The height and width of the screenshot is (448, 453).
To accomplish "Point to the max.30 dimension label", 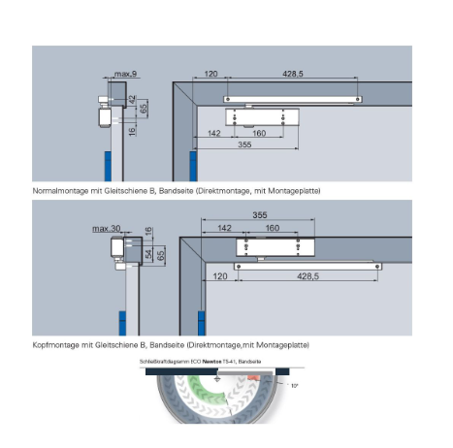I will pyautogui.click(x=107, y=229).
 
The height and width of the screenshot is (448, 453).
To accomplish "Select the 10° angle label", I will pyautogui.click(x=294, y=385).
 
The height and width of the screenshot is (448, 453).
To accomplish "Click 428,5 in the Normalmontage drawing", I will pyautogui.click(x=293, y=74).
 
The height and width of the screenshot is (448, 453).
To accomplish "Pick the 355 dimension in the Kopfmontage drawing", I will pyautogui.click(x=260, y=215).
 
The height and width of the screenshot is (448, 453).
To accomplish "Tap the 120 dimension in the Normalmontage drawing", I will pyautogui.click(x=210, y=74).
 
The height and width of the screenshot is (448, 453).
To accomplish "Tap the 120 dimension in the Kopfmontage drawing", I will pyautogui.click(x=220, y=276).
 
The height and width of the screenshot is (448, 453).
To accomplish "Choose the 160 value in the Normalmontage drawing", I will pyautogui.click(x=259, y=133).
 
